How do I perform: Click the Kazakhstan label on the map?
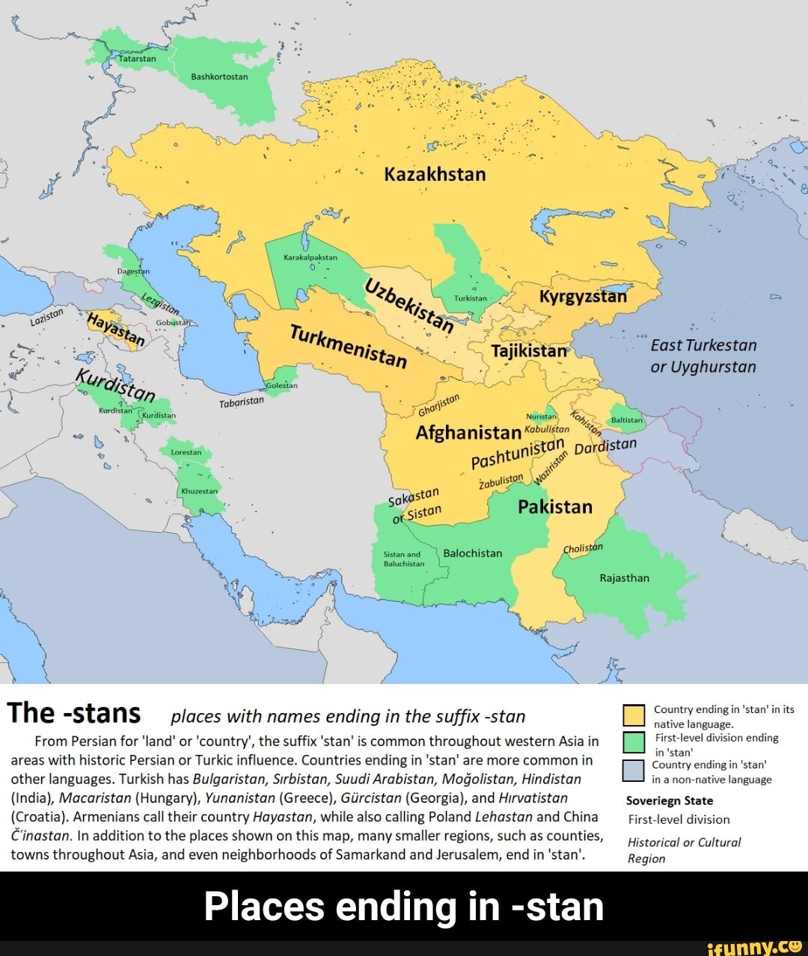click(435, 174)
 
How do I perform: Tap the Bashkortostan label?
click(219, 76)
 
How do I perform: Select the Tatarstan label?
click(138, 58)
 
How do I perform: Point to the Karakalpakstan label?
click(310, 256)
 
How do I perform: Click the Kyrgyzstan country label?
click(583, 296)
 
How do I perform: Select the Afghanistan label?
click(468, 433)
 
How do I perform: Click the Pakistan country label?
click(555, 507)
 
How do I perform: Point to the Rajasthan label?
click(624, 578)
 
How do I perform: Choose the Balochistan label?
click(473, 553)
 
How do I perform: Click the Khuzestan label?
click(199, 491)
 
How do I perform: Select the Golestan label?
click(282, 386)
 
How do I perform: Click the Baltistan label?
click(627, 420)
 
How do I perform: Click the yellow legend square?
click(634, 715)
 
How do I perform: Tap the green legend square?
click(634, 742)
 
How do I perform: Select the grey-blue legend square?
click(634, 771)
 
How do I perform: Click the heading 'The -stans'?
click(74, 713)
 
